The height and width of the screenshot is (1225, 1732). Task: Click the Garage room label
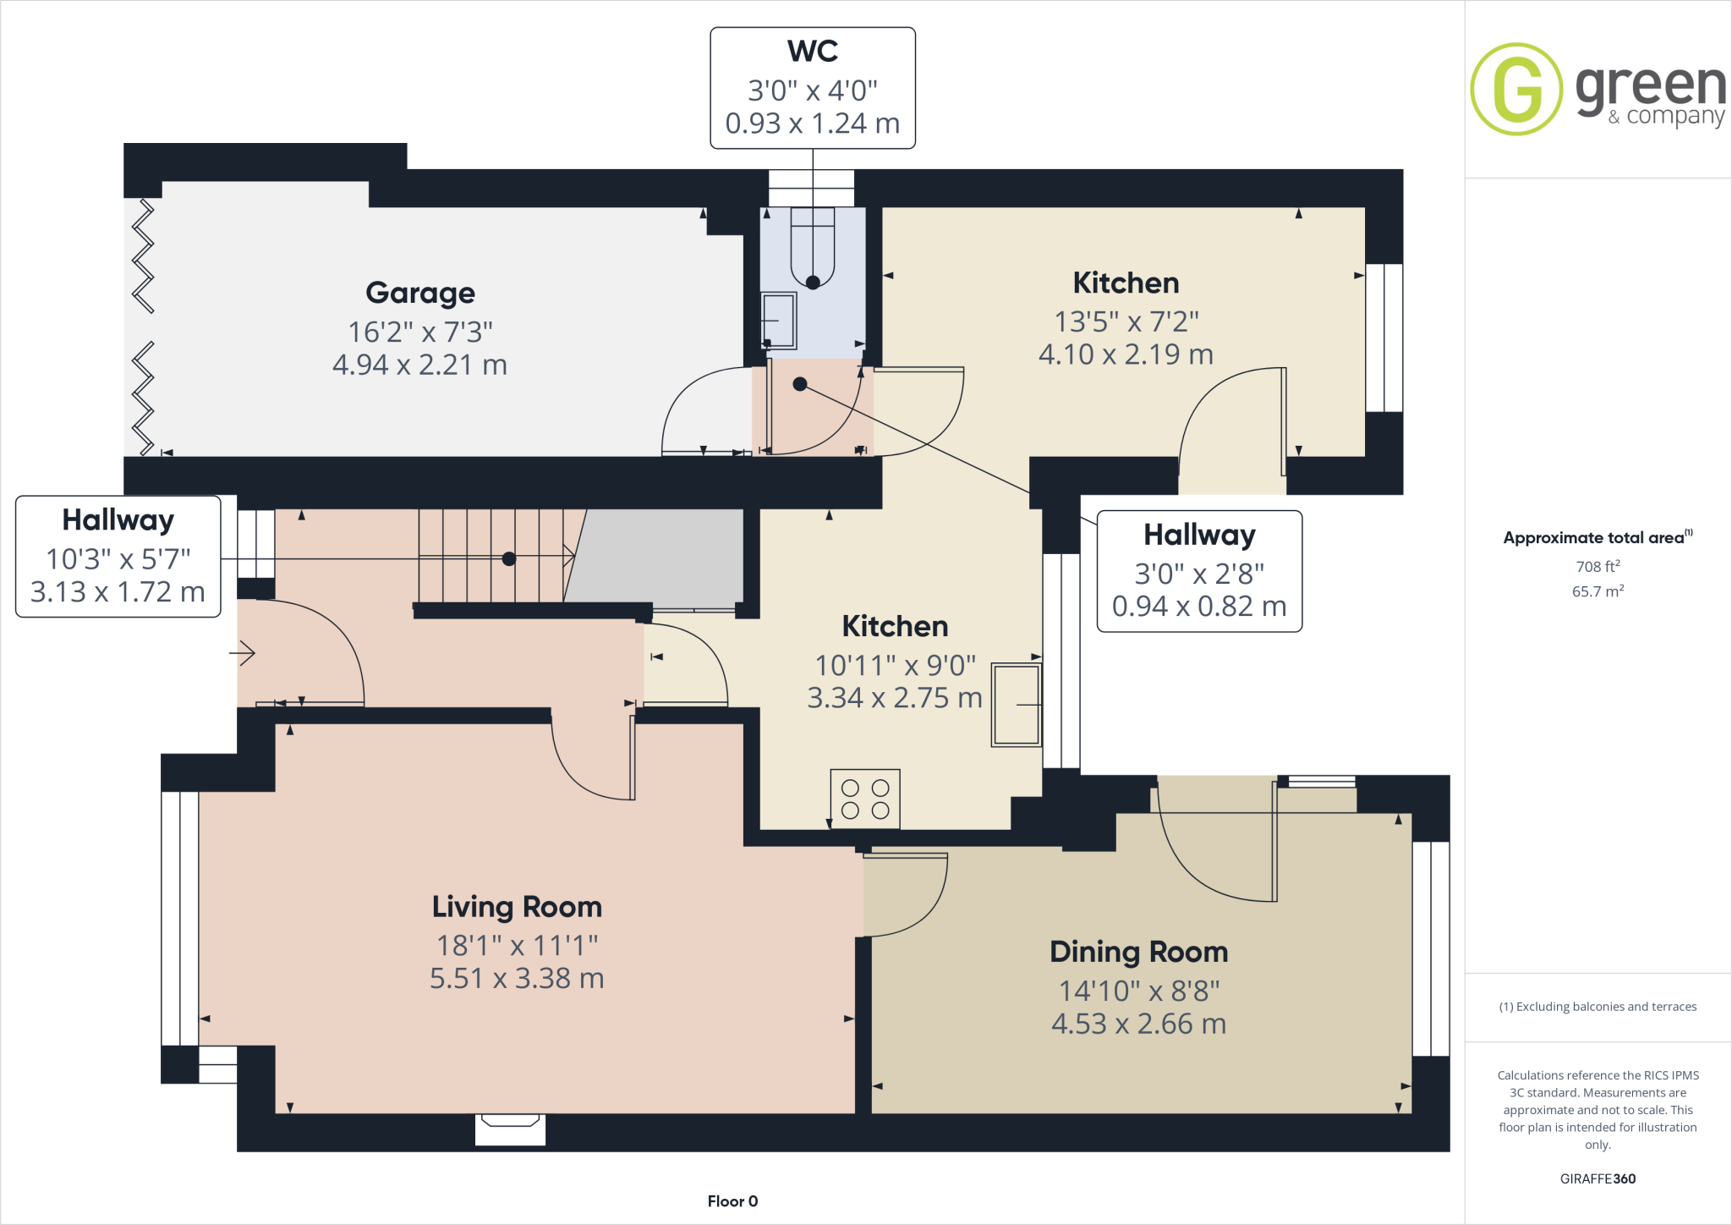(419, 293)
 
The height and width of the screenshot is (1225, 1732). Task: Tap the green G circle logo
(1516, 89)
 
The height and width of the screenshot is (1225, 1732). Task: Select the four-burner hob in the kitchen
(864, 799)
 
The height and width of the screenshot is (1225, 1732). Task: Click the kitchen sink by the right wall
(1016, 705)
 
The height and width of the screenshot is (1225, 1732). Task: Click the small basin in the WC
(778, 321)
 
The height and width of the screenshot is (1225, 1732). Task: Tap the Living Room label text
(517, 907)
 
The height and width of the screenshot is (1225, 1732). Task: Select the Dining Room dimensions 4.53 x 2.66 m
(1138, 1024)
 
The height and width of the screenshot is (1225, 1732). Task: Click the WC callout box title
(812, 52)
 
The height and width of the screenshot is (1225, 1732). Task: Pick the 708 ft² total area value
(1597, 567)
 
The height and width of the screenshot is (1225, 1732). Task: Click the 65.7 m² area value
(1597, 591)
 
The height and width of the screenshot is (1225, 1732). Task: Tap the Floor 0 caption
(732, 1201)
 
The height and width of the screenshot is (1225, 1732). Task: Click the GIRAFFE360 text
(1597, 1178)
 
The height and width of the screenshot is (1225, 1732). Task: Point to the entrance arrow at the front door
(243, 653)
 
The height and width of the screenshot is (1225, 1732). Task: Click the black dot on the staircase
(509, 558)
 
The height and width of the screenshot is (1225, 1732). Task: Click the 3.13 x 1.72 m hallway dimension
(118, 592)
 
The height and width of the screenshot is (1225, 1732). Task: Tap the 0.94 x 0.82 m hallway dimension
(1198, 607)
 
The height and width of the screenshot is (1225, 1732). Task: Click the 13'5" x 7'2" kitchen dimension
(1126, 321)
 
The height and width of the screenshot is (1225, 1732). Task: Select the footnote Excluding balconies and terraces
(1597, 1007)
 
